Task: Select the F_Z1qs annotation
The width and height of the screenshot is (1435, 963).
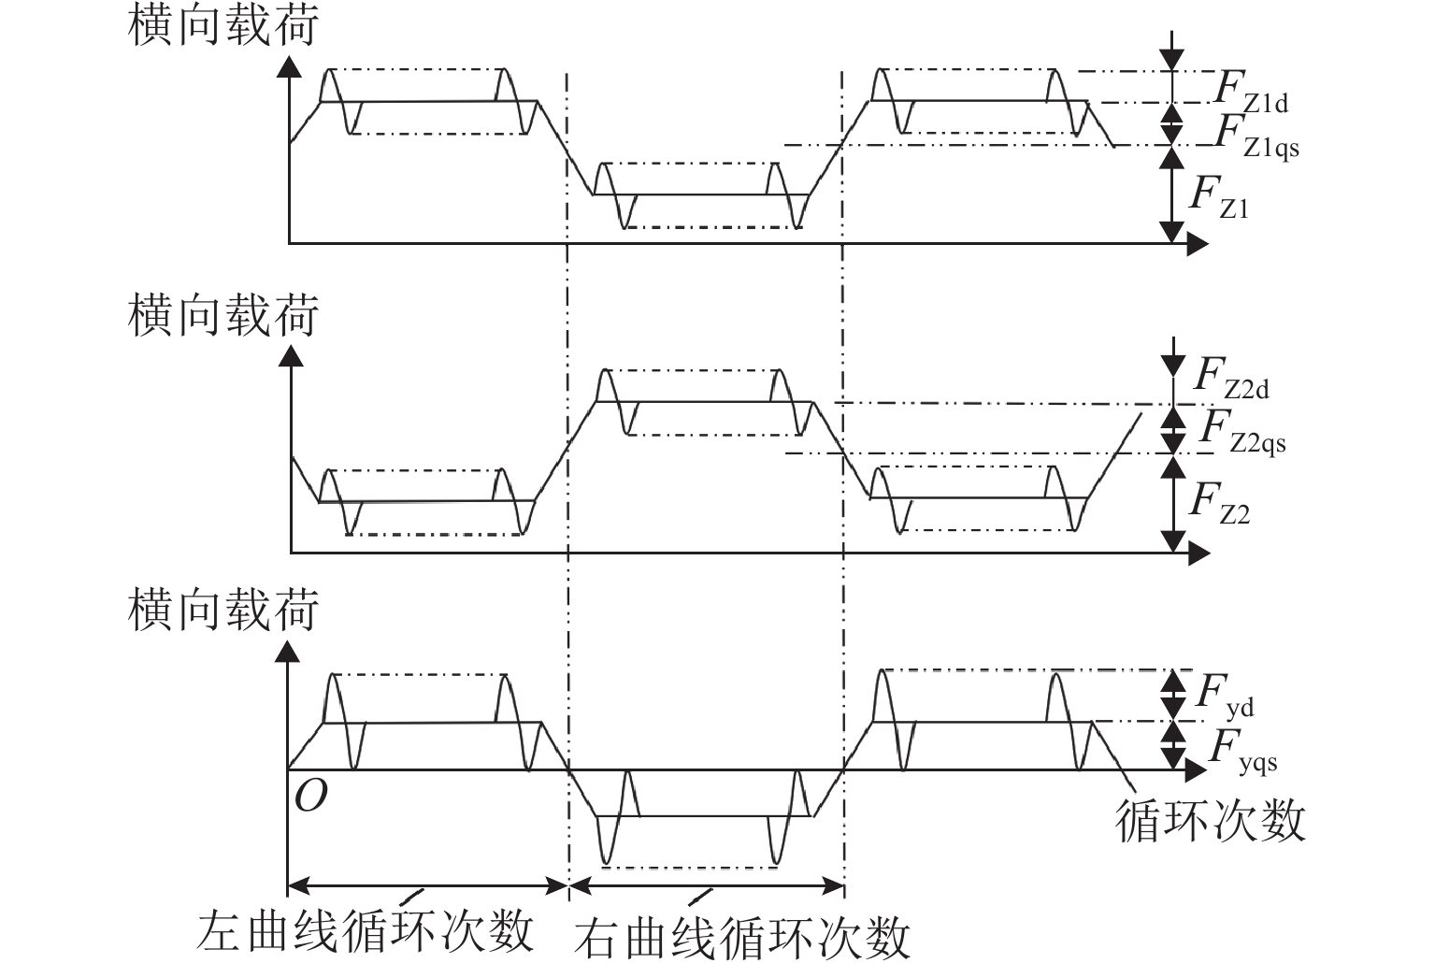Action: [x=1256, y=137]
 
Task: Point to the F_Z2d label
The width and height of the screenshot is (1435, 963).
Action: [x=1230, y=378]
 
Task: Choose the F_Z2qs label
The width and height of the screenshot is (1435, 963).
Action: [x=1241, y=431]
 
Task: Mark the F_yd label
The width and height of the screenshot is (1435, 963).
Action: [x=1225, y=697]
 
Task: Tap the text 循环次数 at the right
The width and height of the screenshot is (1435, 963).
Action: [x=1210, y=821]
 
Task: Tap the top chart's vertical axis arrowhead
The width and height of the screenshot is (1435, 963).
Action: [x=290, y=65]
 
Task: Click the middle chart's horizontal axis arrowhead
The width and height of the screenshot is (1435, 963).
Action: [x=1198, y=553]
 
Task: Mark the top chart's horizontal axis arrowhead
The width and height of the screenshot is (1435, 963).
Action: [x=1198, y=244]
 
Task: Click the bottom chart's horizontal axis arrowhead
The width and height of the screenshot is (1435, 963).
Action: [x=1198, y=770]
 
